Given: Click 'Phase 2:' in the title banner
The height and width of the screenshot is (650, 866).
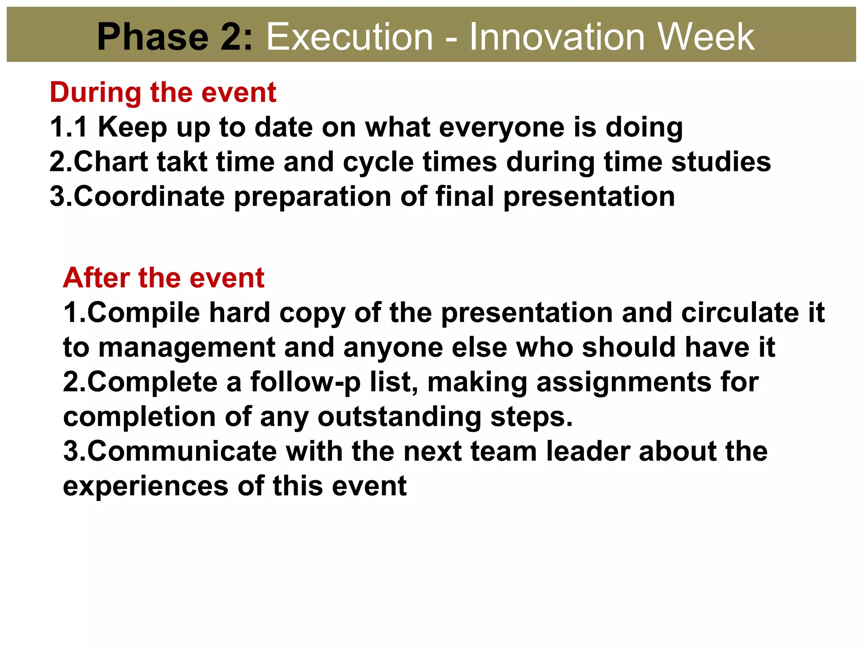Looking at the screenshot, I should (175, 37).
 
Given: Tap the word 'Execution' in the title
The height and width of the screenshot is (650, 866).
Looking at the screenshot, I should (350, 37).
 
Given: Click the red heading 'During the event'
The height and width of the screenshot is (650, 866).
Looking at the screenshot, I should (163, 92).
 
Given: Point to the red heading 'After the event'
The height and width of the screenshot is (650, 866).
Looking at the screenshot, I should (164, 278).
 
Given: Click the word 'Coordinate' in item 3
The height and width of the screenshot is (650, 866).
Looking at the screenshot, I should (149, 196).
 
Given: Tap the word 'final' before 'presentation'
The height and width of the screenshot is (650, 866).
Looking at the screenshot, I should (464, 196).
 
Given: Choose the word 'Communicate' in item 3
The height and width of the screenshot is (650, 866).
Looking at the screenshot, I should (182, 451).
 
